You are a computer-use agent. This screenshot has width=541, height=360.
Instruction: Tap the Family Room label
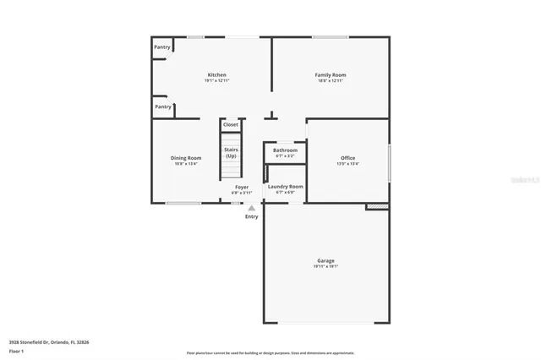tap(331, 75)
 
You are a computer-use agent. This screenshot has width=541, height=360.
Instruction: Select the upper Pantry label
tap(162, 47)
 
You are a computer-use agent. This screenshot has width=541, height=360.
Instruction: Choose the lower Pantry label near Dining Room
tap(162, 106)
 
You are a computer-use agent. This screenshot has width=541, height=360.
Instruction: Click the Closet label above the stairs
tap(231, 125)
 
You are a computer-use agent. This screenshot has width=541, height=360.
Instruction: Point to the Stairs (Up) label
tap(231, 153)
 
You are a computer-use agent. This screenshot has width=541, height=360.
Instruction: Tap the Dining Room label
tap(187, 158)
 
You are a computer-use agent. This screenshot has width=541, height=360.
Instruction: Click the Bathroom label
tap(285, 150)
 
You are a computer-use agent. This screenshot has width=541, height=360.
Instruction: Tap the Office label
tap(347, 158)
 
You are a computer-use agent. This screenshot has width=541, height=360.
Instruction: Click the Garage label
tap(325, 260)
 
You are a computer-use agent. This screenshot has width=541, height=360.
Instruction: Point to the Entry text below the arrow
tap(252, 217)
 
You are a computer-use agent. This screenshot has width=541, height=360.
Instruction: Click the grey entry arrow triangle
tap(251, 206)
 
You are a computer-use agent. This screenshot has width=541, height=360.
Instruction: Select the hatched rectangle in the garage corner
tap(377, 205)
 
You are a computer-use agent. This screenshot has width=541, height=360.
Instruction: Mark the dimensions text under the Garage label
tap(325, 266)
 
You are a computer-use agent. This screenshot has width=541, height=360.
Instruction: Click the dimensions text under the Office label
tap(347, 164)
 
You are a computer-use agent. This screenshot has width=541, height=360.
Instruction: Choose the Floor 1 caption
tap(17, 351)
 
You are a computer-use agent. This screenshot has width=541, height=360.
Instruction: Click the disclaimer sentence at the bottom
tap(270, 353)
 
